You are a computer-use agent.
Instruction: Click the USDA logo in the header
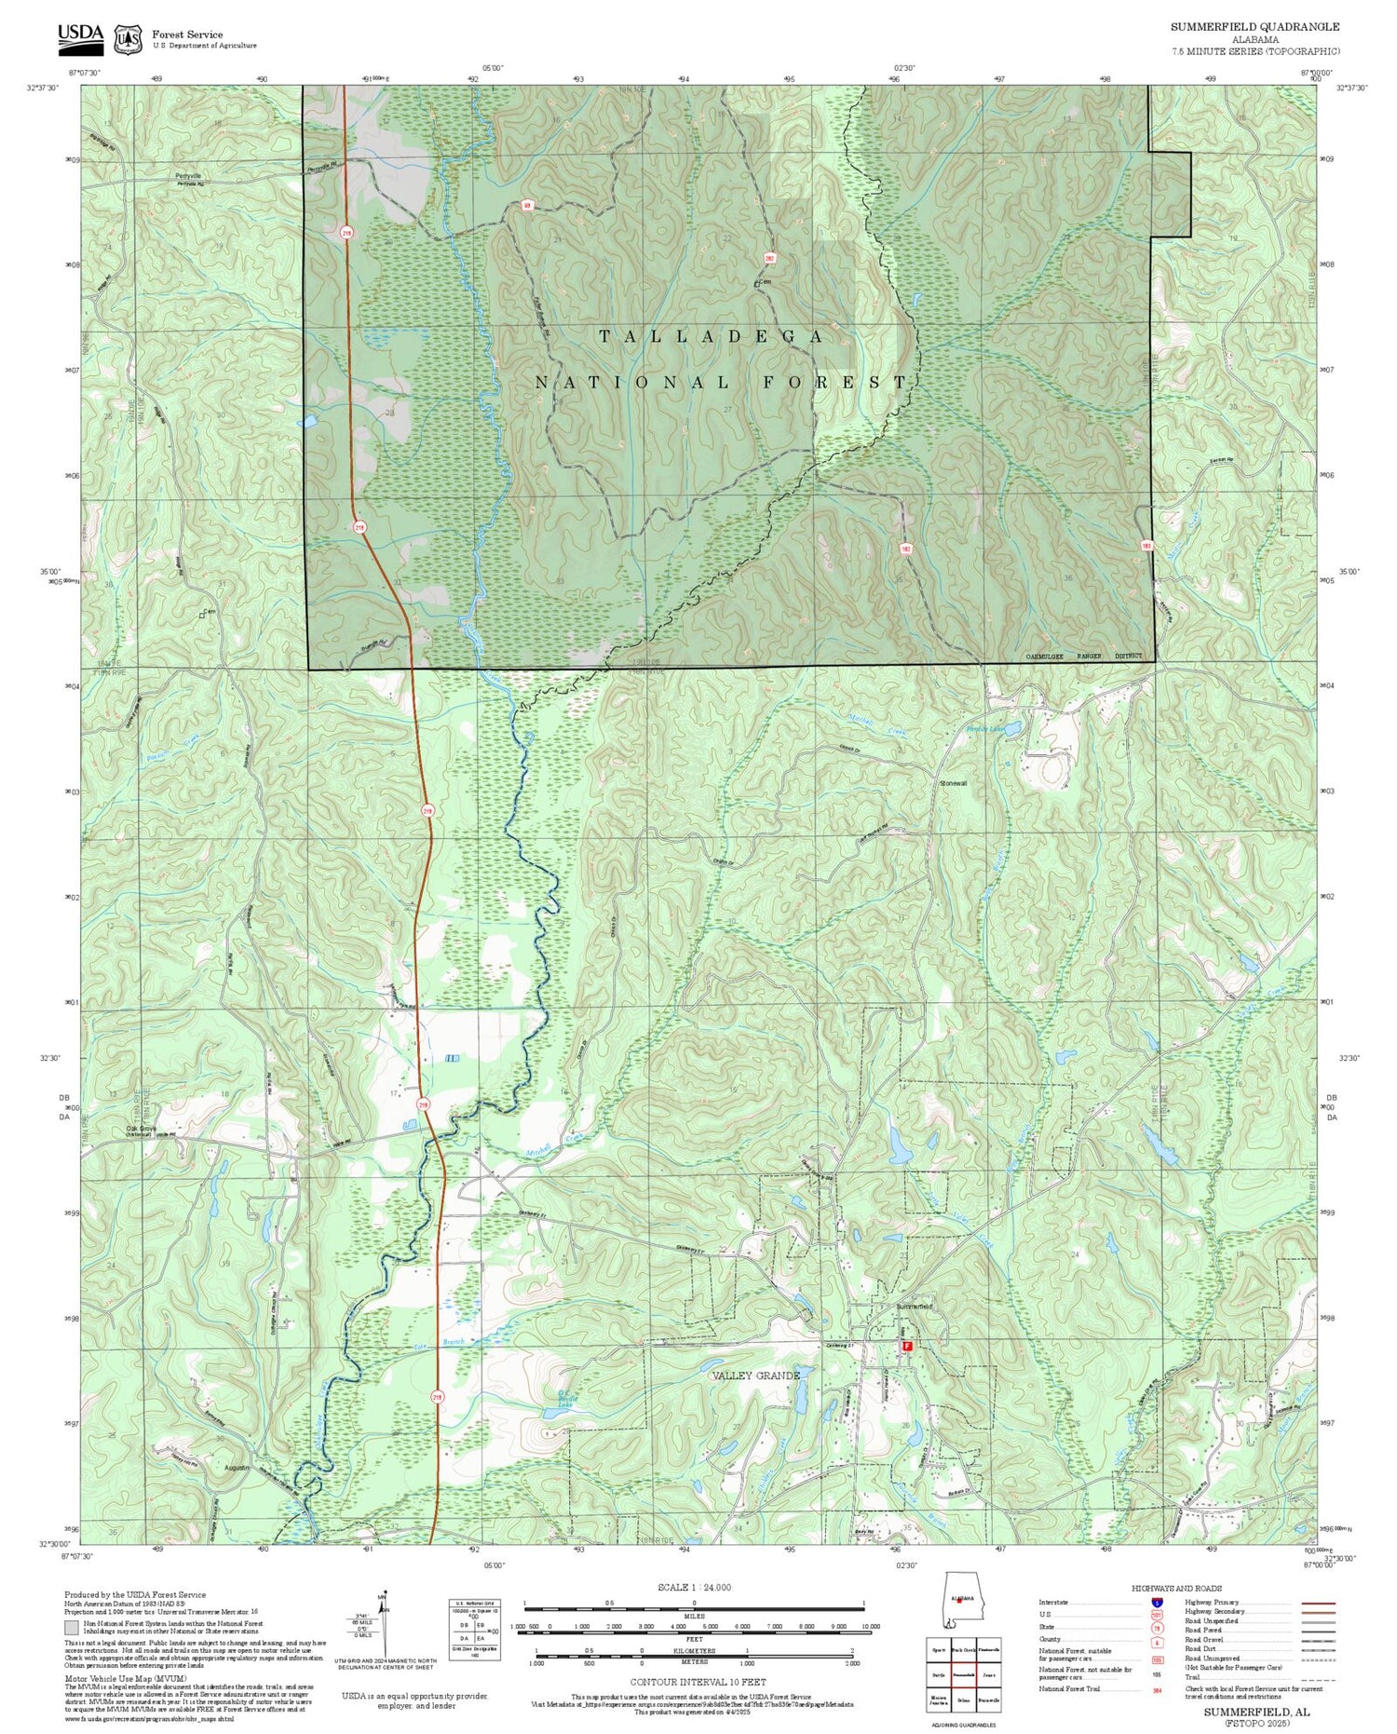tap(80, 34)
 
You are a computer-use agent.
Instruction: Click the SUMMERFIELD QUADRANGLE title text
tap(1255, 27)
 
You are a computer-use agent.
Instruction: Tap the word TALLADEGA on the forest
tap(711, 336)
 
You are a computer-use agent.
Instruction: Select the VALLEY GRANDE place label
tap(755, 1375)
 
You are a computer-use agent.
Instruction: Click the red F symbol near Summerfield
tap(905, 1347)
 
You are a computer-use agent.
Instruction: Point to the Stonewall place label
tap(953, 783)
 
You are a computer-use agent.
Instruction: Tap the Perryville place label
tap(187, 176)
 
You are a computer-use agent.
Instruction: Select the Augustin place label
tap(238, 1468)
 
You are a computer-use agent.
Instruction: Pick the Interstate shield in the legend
tap(1157, 1602)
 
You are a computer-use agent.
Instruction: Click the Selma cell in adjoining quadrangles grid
tap(964, 1700)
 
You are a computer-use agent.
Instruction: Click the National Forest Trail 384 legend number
tap(1157, 1688)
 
